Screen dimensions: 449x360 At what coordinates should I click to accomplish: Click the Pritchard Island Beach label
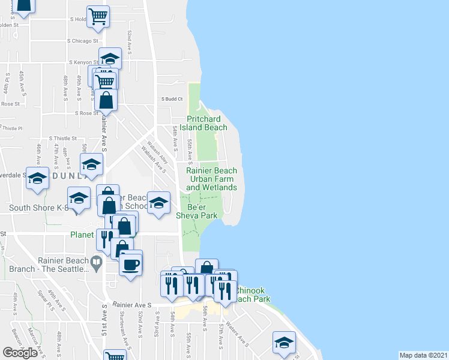(207, 123)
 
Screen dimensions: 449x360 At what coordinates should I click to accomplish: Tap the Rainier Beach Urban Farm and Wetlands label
(211, 179)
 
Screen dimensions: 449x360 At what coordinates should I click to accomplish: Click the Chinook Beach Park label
(252, 294)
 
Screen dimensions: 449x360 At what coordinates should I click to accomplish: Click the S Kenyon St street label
(83, 62)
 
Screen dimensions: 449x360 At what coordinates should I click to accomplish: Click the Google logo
(20, 353)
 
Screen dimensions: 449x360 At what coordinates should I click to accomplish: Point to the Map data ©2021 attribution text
(424, 355)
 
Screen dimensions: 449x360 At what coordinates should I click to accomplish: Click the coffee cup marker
(130, 264)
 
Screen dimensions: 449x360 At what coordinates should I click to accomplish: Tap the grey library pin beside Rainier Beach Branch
(96, 262)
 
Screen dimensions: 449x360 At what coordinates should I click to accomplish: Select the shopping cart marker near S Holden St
(98, 16)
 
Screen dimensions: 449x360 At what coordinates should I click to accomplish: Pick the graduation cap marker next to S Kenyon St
(110, 58)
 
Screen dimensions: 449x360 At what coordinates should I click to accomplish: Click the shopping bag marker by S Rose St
(106, 100)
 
